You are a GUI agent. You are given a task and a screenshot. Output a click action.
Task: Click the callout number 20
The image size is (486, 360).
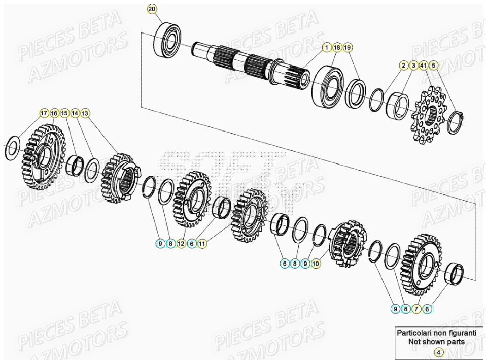[152, 9]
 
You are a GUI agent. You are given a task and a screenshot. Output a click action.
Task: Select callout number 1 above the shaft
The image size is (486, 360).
[327, 47]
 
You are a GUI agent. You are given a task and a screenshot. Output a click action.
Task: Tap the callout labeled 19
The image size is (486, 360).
[348, 47]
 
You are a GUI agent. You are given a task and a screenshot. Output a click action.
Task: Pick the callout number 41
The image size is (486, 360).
[423, 66]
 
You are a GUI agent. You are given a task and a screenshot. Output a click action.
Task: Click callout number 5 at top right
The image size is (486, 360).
[433, 66]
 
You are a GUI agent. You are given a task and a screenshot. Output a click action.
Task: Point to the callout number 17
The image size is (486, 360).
[44, 113]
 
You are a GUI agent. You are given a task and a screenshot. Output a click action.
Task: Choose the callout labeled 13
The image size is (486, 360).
[85, 113]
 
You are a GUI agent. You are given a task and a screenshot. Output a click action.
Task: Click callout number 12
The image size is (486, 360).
[181, 244]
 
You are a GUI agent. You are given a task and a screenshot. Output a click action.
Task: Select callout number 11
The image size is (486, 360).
[202, 244]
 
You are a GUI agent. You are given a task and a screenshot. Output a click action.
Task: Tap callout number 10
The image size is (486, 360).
[316, 264]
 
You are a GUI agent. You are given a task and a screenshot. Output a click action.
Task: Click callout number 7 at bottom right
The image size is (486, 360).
[416, 308]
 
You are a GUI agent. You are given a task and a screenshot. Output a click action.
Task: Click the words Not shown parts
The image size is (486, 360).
[436, 342]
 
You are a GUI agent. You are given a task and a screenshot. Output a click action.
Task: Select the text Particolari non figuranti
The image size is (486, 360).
[436, 333]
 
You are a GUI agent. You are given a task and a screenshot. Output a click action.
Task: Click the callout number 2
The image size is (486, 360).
[403, 66]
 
